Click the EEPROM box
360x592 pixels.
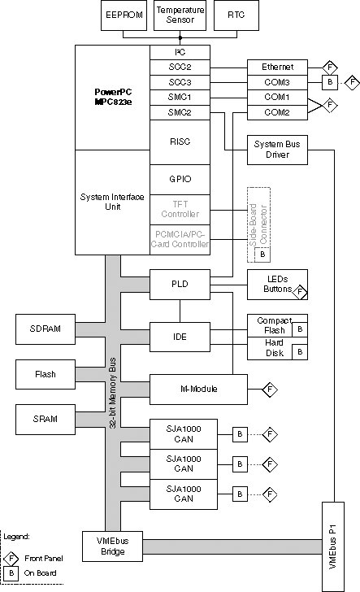124,15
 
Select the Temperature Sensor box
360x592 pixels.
180,15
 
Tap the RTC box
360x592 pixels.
236,15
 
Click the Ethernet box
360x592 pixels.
277,67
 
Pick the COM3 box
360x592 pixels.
277,82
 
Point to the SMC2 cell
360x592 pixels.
180,112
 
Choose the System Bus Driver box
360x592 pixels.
277,150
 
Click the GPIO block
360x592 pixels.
180,180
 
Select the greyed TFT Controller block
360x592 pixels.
180,210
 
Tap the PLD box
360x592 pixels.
180,285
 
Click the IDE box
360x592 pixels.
180,337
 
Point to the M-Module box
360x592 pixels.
198,390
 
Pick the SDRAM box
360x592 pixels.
46,329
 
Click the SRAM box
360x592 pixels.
46,419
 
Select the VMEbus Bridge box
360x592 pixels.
112,546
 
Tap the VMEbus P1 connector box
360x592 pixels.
333,546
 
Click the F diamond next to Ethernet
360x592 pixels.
330,67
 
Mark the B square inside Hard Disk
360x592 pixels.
300,352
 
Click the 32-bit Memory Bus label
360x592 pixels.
112,393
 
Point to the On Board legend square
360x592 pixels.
11,573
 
